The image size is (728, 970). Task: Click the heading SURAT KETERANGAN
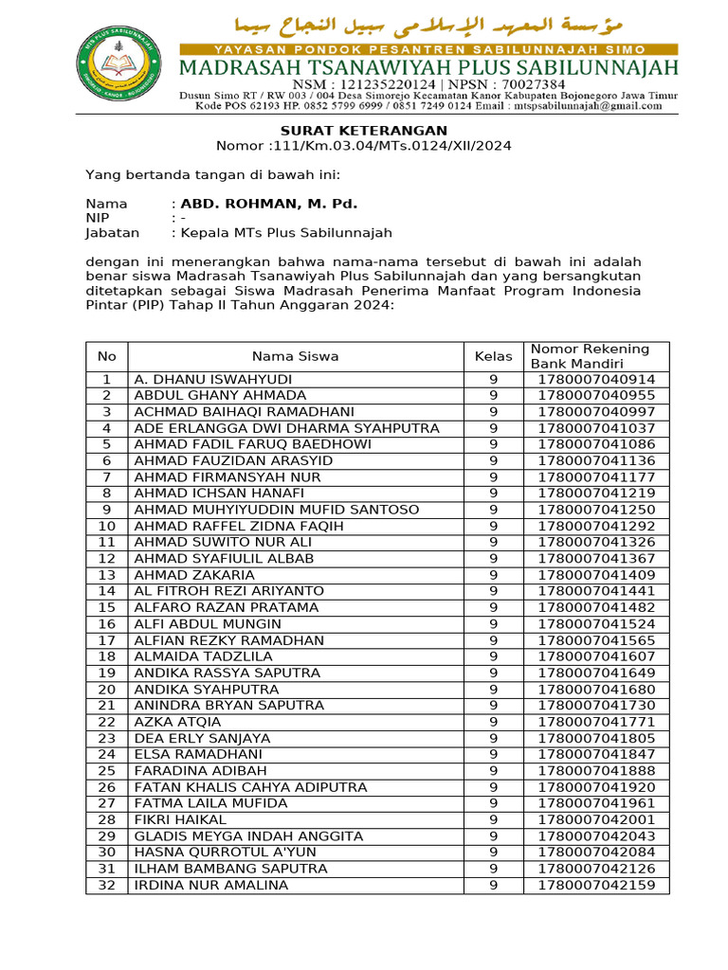click(x=363, y=131)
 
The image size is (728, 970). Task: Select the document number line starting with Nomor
click(x=363, y=146)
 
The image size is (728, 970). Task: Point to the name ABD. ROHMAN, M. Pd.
click(x=269, y=204)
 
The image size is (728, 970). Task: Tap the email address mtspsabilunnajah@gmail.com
click(x=582, y=106)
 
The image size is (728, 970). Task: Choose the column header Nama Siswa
click(x=295, y=356)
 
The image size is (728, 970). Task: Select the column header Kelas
click(x=493, y=356)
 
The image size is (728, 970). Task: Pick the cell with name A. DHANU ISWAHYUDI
click(x=213, y=379)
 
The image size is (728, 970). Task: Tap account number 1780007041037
click(x=595, y=428)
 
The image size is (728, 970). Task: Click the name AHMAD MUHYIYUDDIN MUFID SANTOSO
click(x=277, y=510)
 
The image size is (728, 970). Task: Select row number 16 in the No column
click(x=106, y=624)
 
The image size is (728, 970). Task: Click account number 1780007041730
click(x=595, y=706)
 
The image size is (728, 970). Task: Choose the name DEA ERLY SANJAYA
click(x=202, y=738)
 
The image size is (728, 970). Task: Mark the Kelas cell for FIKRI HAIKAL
click(x=493, y=819)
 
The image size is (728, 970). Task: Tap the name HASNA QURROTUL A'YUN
click(x=226, y=853)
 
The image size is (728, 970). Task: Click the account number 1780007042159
click(x=595, y=885)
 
